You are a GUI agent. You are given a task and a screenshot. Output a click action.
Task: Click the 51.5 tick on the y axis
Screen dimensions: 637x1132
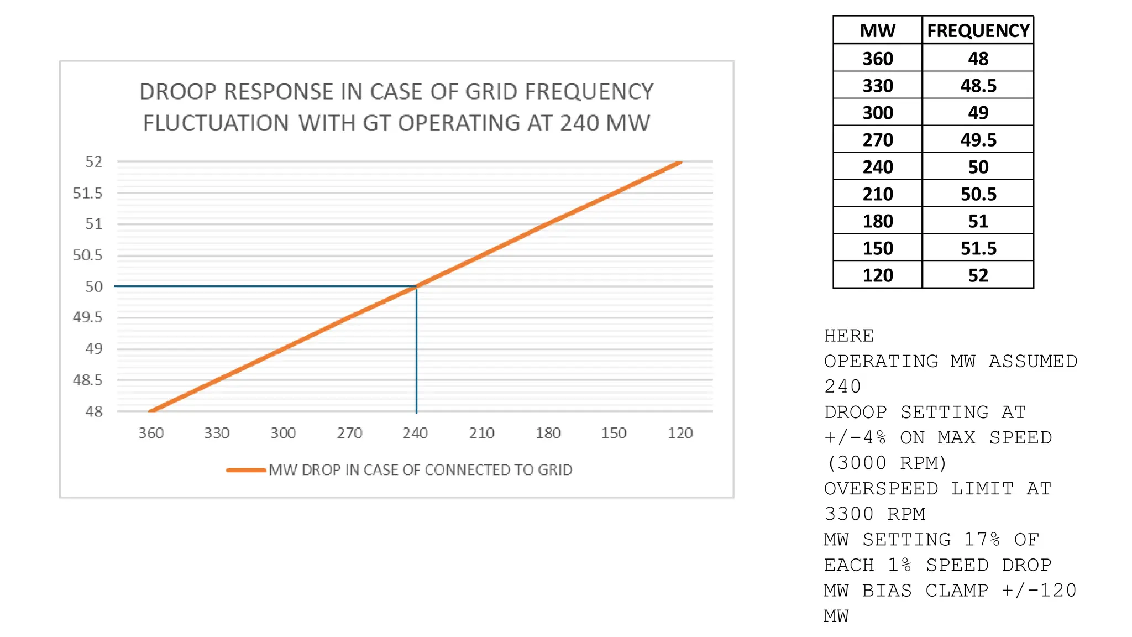click(87, 193)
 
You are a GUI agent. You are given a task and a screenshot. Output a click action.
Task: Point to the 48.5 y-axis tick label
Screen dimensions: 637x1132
click(87, 380)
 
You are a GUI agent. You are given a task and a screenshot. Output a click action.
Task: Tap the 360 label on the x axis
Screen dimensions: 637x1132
click(151, 433)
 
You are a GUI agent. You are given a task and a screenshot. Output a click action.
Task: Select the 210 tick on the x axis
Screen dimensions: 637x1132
click(481, 433)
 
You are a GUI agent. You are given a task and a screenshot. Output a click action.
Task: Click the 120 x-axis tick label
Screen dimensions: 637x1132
click(680, 433)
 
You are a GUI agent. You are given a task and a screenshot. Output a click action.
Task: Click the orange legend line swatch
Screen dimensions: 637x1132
click(246, 470)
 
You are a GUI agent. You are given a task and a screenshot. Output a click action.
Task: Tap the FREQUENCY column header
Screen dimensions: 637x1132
click(978, 30)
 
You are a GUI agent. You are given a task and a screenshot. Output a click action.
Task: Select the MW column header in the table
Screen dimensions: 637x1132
click(877, 30)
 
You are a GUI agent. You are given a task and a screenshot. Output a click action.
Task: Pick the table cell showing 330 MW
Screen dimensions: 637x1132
click(877, 86)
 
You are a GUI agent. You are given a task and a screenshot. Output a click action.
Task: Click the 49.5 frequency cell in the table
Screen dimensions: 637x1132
click(978, 140)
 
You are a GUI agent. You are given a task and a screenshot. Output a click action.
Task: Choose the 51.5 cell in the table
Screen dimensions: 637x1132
click(978, 248)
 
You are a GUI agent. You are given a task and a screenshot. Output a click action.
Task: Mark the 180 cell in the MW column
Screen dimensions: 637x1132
click(877, 221)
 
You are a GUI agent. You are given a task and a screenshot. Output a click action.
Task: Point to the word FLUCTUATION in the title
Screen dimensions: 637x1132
click(216, 123)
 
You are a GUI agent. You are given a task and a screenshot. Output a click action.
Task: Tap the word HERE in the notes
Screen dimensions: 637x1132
click(849, 336)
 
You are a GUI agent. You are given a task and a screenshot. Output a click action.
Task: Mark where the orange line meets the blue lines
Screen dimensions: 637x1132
click(416, 286)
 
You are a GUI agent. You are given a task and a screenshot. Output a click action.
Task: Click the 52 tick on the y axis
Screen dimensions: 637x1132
click(93, 161)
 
